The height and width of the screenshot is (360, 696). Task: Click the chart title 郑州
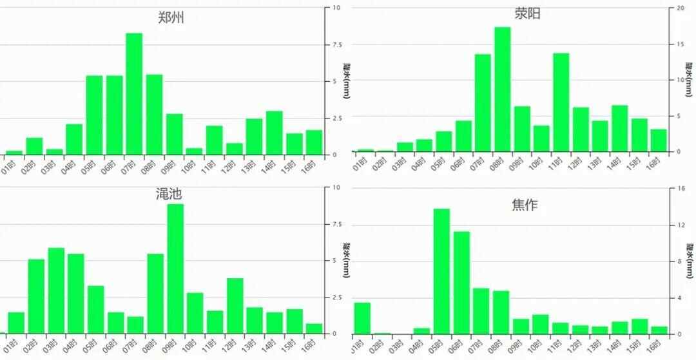pos(171,17)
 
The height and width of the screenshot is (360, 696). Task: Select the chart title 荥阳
pos(527,14)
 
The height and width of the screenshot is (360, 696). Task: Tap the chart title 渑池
pos(169,193)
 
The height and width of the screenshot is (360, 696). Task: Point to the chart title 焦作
pos(525,205)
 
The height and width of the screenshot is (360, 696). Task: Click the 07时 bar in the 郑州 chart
pos(134,94)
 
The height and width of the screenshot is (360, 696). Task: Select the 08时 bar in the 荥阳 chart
pos(503,90)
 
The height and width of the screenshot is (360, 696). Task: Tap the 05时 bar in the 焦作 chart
pos(441,271)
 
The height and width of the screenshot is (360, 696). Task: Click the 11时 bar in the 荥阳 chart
pos(561,102)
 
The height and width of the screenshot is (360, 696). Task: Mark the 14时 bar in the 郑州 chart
pos(275,133)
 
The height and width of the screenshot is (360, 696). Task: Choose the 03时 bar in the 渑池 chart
pos(56,290)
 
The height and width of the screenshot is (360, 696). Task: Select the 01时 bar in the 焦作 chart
pos(362,318)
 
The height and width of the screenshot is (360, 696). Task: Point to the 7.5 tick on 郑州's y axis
pos(337,44)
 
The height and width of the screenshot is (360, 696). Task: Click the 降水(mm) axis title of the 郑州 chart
pos(347,81)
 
